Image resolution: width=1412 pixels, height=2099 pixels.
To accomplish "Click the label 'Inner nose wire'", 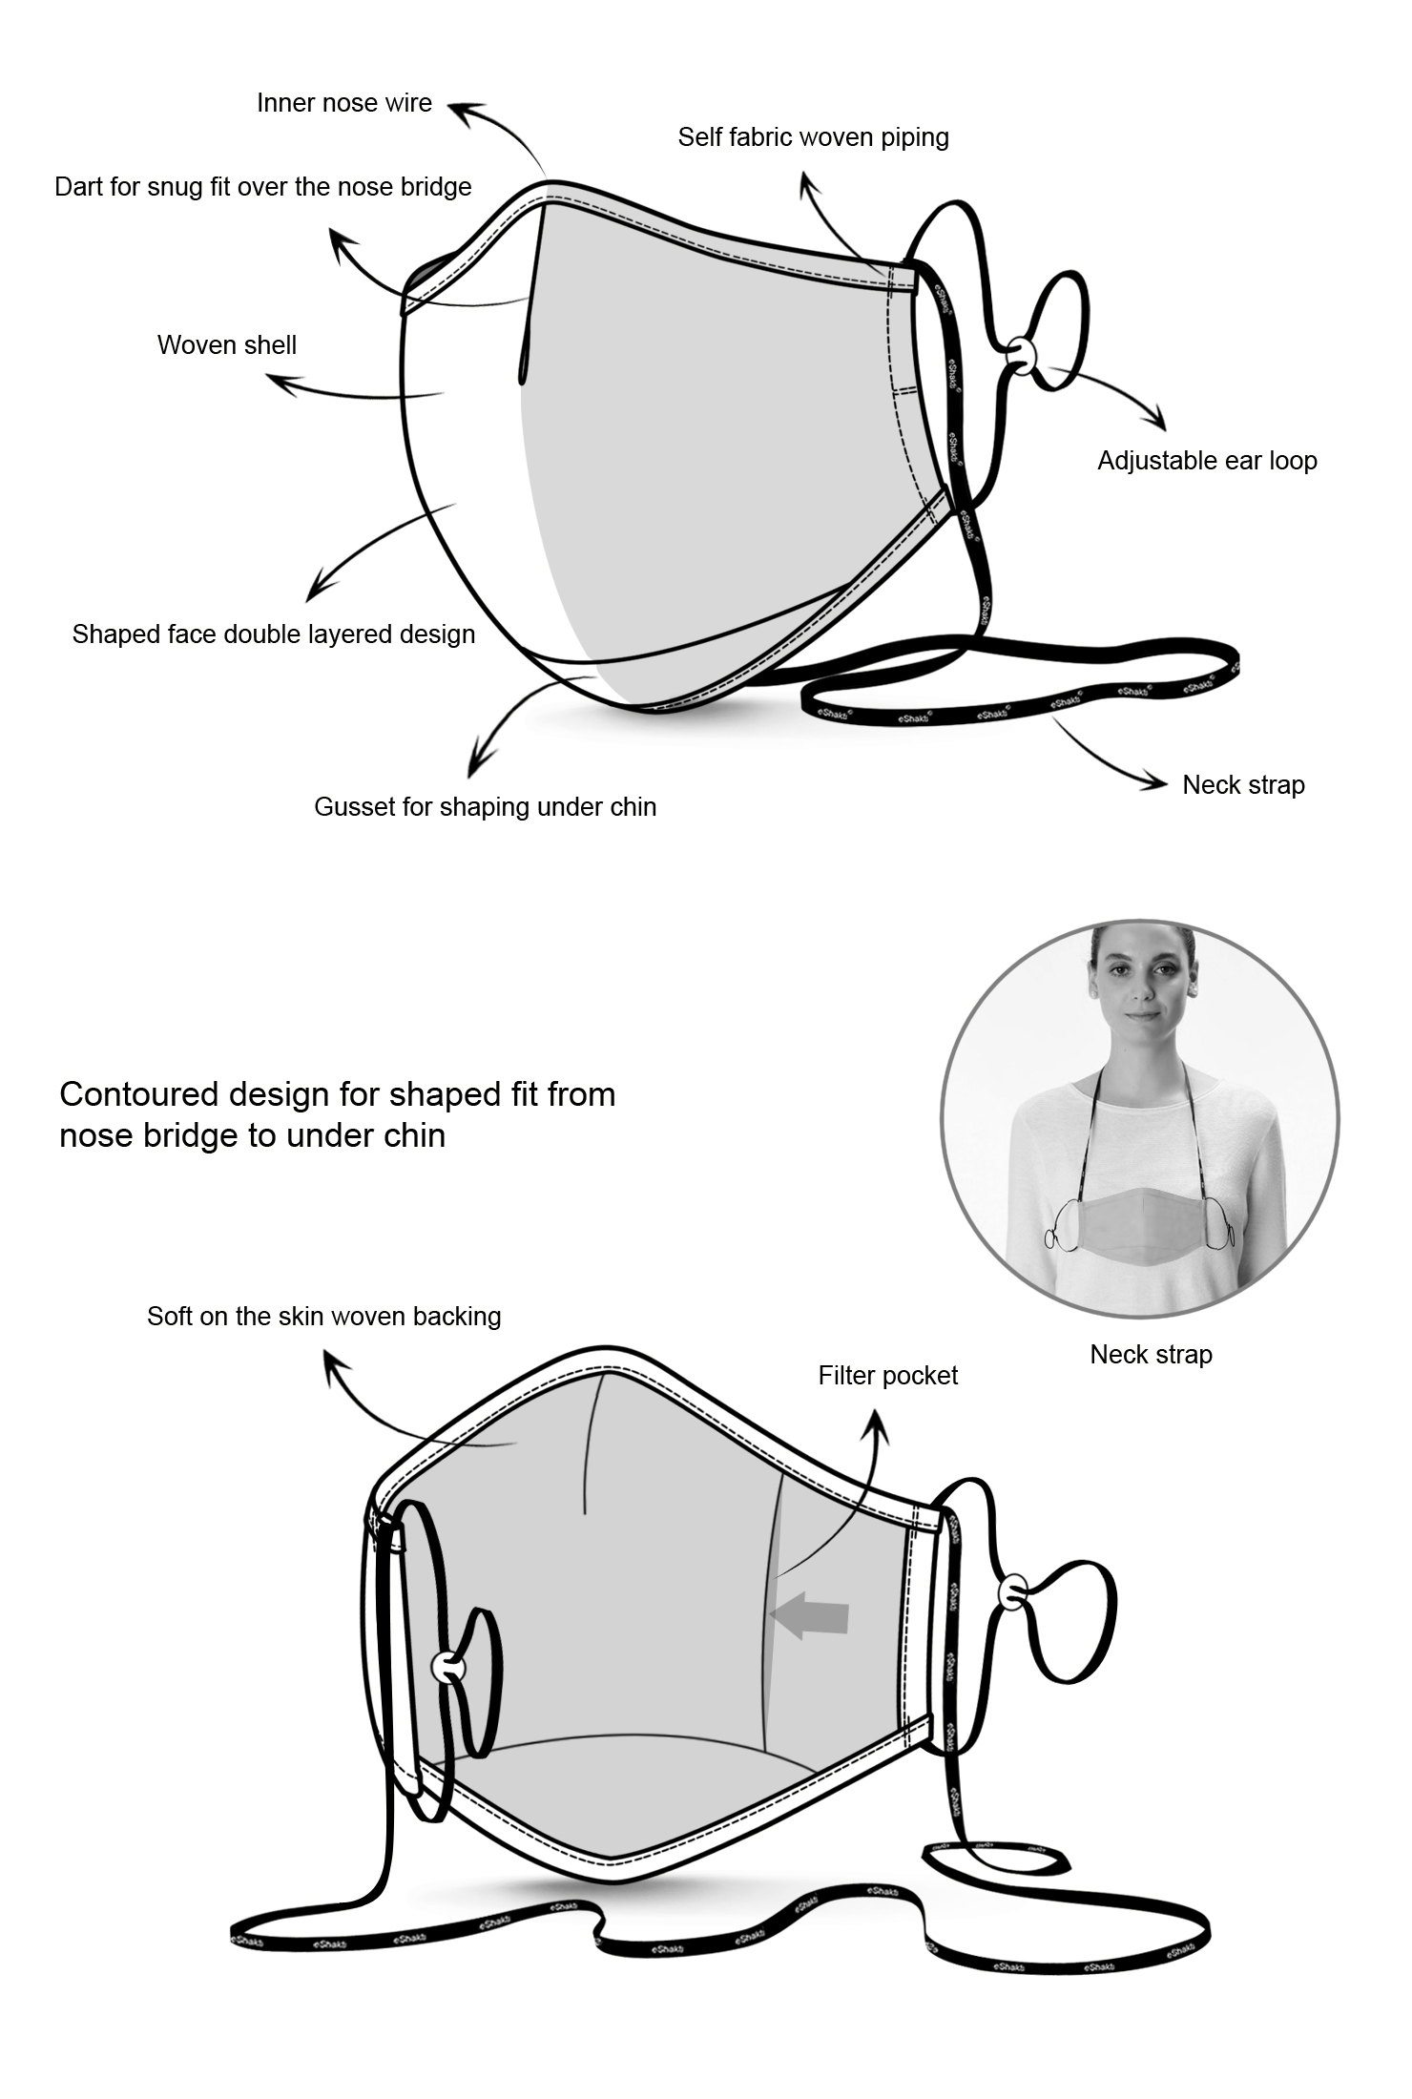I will [x=343, y=103].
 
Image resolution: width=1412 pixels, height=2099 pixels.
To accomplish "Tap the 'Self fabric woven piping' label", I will [x=813, y=137].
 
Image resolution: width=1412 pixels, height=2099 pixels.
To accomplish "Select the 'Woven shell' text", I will [x=226, y=345].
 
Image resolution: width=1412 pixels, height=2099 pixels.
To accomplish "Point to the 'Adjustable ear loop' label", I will [x=1207, y=461].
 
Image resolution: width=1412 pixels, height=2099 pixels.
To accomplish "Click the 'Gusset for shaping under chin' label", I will [x=485, y=807].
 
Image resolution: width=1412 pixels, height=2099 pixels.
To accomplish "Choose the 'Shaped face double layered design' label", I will [x=273, y=634].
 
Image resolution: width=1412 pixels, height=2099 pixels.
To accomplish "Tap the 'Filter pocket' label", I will [x=887, y=1376].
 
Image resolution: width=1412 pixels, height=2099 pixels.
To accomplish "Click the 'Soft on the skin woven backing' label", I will [x=323, y=1317].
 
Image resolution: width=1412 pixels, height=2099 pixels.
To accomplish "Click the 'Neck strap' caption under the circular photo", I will [x=1151, y=1355].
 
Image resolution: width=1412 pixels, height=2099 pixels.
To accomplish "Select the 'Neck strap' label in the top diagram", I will [x=1243, y=785].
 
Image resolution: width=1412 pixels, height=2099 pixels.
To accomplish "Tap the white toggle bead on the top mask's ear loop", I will [x=1020, y=353].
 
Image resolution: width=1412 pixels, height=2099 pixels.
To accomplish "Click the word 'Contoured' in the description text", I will [x=139, y=1094].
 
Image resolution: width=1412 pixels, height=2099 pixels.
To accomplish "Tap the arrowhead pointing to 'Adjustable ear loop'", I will [x=1160, y=423].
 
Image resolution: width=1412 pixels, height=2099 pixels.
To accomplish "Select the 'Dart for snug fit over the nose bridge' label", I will [x=262, y=187].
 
